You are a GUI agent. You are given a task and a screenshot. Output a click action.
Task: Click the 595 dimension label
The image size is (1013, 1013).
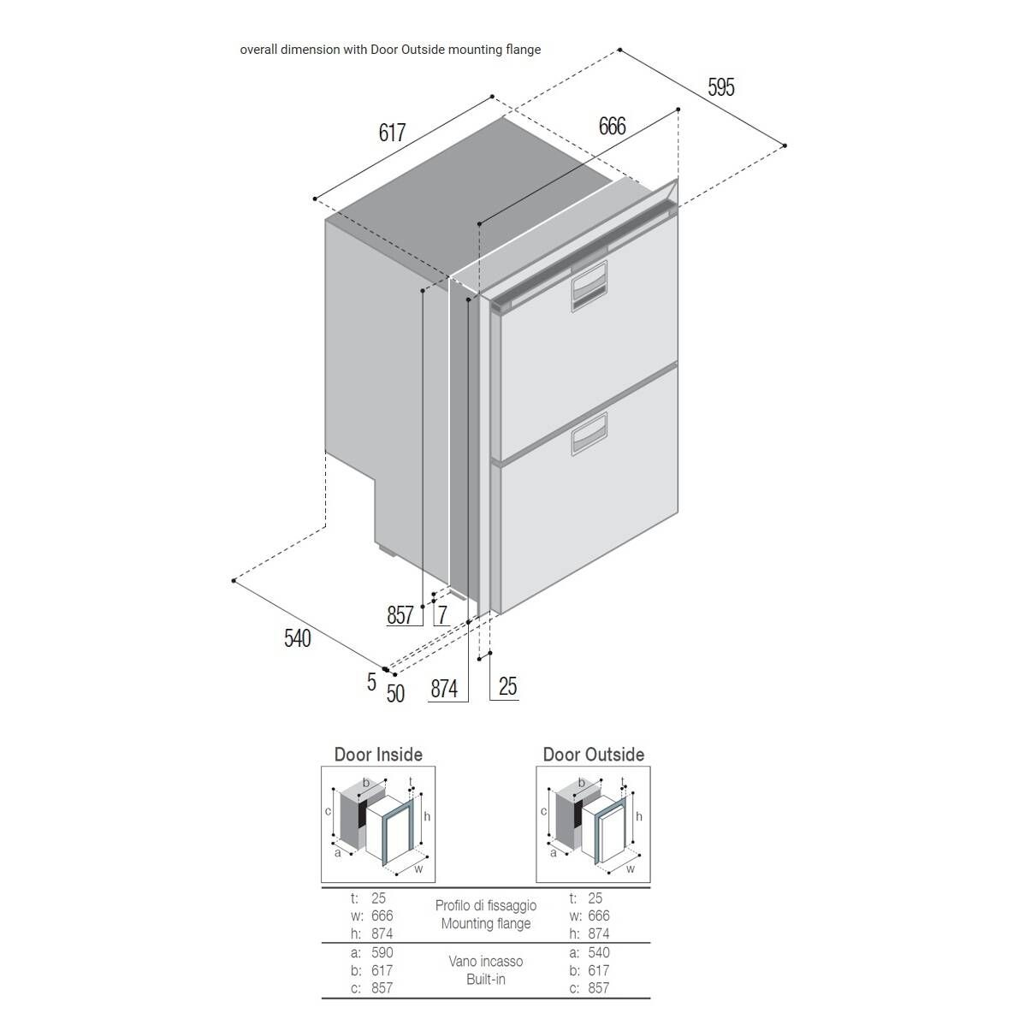[x=721, y=87]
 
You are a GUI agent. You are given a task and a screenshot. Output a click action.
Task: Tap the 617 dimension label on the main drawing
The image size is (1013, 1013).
[x=392, y=133]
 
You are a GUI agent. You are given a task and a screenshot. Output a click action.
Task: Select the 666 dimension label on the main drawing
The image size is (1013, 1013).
[x=613, y=127]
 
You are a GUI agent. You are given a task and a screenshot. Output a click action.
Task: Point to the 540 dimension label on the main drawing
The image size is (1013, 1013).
[x=297, y=638]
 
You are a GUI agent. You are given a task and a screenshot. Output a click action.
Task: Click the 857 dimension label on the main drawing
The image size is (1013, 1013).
[x=400, y=615]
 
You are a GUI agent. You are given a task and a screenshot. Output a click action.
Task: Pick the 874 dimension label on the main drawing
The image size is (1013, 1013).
[x=444, y=689]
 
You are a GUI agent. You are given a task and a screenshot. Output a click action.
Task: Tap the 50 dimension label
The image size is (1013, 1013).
[x=395, y=693]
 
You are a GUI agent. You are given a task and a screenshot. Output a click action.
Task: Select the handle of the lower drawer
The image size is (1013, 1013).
[x=589, y=434]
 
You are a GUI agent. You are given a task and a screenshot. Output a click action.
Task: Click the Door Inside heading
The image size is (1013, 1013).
[x=378, y=755]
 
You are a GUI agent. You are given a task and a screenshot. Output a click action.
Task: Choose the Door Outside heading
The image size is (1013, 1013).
[x=594, y=755]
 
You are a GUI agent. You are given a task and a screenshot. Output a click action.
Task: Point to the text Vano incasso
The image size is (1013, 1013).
[x=486, y=962]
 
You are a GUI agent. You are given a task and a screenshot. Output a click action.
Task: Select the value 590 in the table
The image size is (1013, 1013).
[x=382, y=952]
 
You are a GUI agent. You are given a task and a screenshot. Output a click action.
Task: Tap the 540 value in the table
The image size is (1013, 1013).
[x=598, y=952]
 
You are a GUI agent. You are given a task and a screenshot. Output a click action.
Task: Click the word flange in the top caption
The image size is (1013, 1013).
[x=523, y=50]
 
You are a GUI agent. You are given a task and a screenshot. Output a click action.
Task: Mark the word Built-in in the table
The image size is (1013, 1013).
[x=486, y=980]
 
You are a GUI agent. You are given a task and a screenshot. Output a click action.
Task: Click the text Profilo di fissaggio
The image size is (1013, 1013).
[x=486, y=905]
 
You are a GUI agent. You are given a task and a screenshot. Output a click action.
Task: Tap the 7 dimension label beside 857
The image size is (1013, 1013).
[x=442, y=615]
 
